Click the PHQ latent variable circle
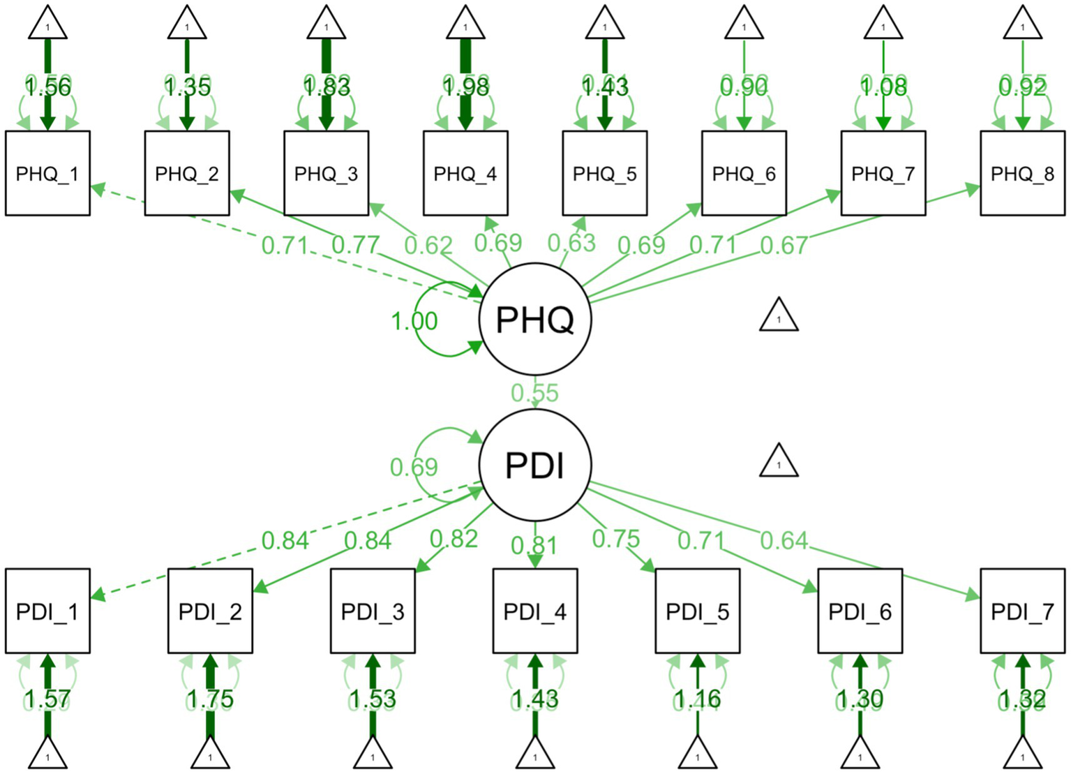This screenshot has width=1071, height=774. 535,320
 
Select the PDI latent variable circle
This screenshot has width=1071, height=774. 535,465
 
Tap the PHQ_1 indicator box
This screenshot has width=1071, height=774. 47,173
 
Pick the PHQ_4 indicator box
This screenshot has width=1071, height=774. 465,173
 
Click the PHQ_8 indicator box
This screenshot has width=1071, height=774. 1022,173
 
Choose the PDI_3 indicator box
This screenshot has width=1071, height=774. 373,611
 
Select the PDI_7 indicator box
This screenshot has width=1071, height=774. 1022,611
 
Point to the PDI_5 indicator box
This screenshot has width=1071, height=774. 697,611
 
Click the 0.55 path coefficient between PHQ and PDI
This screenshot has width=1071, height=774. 534,393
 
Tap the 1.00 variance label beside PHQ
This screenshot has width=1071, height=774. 414,321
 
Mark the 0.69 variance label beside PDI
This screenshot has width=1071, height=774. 414,467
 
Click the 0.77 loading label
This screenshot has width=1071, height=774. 355,245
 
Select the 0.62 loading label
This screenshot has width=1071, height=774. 428,245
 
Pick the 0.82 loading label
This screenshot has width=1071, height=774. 454,539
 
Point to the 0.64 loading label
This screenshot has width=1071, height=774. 784,540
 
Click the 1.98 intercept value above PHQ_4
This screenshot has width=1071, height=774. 465,87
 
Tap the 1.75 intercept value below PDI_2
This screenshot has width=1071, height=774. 210,699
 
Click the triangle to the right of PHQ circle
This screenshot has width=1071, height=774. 779,315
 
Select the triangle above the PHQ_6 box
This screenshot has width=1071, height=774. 744,24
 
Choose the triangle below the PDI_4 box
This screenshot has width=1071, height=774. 535,754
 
